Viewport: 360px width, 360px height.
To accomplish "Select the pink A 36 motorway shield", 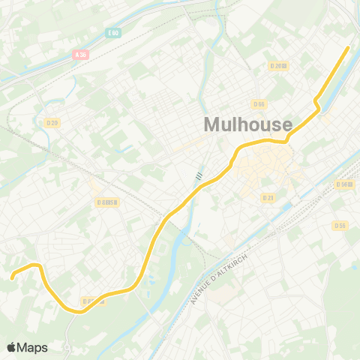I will click(x=81, y=55).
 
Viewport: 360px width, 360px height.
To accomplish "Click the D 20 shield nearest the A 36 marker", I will click(x=52, y=123).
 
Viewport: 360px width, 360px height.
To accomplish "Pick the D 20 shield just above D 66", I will click(x=278, y=66).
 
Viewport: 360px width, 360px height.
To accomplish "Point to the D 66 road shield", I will click(x=259, y=103).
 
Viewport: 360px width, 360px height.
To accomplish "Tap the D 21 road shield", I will click(x=268, y=197).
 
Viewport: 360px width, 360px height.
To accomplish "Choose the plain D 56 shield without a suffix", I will click(x=340, y=224).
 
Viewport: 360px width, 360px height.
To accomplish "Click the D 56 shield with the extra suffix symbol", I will click(x=344, y=184).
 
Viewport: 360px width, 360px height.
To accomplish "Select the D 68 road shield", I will click(x=108, y=202).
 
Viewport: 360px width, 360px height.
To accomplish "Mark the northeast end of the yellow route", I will click(x=349, y=48).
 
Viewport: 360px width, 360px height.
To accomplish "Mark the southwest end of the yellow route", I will click(x=12, y=278).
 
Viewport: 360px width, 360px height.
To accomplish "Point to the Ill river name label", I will click(x=199, y=175).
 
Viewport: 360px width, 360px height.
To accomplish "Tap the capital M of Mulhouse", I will click(x=212, y=124).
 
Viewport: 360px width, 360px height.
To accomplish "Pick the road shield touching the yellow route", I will click(x=89, y=301).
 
